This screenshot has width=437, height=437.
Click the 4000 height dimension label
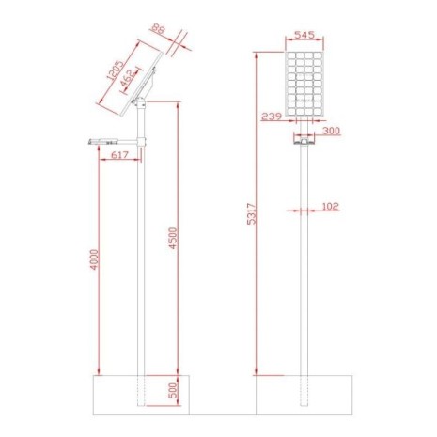(94, 259)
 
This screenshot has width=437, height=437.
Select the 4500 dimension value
(173, 239)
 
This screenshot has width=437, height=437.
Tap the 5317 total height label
(252, 214)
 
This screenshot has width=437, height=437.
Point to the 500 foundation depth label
(173, 390)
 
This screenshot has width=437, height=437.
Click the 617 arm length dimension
(120, 155)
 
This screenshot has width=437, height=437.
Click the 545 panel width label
(304, 35)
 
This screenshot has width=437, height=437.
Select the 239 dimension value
(272, 117)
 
